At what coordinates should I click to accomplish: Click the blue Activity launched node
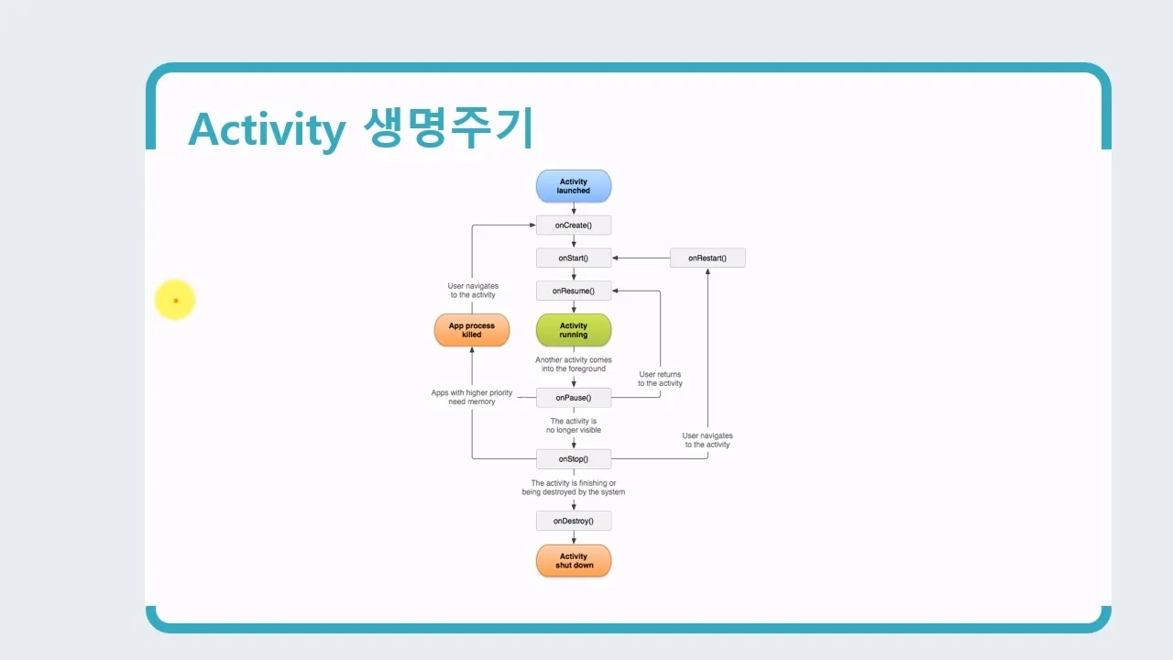pos(574,186)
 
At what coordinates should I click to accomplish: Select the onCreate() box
pos(574,225)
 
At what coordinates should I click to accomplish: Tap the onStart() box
pos(574,258)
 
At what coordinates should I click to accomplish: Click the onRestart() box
pos(707,258)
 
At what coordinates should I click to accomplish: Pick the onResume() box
pos(574,291)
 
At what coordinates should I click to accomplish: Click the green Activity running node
pos(574,330)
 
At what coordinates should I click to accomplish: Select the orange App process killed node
pos(472,330)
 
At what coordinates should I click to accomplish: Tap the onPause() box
pos(574,398)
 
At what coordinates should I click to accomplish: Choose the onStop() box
pos(574,459)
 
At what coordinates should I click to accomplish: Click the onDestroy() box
pos(574,521)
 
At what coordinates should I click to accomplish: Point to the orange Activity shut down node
pos(574,561)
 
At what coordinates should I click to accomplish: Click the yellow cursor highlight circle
pos(175,301)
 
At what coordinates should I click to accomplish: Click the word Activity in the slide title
pos(266,129)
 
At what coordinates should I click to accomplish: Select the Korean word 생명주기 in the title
pos(448,127)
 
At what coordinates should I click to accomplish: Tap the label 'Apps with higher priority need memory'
pos(472,398)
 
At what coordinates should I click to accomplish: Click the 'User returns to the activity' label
pos(660,379)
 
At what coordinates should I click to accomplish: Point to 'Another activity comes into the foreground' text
pos(574,364)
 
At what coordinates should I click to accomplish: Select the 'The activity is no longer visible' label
pos(574,425)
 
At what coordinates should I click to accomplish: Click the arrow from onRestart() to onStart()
pos(641,258)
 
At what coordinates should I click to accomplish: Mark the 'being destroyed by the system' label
pos(574,492)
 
